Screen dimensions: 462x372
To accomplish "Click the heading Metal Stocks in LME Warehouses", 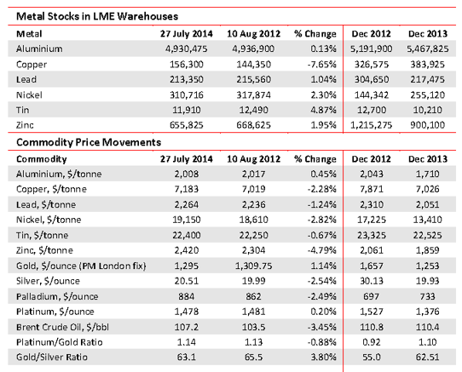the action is [x=97, y=16].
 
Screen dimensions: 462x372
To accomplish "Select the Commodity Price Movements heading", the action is [x=89, y=142].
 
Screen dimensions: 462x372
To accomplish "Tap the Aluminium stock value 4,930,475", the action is [x=186, y=49].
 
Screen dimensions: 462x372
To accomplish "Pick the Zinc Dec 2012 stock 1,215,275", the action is [x=372, y=125].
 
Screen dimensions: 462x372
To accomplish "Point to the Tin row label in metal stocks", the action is [x=23, y=110].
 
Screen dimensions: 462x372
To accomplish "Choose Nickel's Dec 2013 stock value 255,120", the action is [x=428, y=95].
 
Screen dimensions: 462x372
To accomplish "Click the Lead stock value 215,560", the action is [x=254, y=80].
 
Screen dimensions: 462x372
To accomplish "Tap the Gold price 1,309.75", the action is [x=254, y=266].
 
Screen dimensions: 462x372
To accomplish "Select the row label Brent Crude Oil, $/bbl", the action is [x=62, y=327].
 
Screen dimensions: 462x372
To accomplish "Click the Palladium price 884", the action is [x=186, y=296].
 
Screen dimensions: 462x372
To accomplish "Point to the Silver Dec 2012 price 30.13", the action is [x=372, y=281].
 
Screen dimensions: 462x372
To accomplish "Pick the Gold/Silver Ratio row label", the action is [x=52, y=358].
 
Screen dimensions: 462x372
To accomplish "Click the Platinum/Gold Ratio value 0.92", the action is [x=372, y=342].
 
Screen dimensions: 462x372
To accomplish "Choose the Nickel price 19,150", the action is [x=186, y=220].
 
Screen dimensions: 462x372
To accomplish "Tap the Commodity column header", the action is [x=42, y=159].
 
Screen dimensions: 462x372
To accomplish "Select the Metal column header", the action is [x=29, y=34].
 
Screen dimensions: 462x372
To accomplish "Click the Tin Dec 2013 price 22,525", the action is [x=428, y=236].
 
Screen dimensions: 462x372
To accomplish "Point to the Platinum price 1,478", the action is [x=186, y=312].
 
